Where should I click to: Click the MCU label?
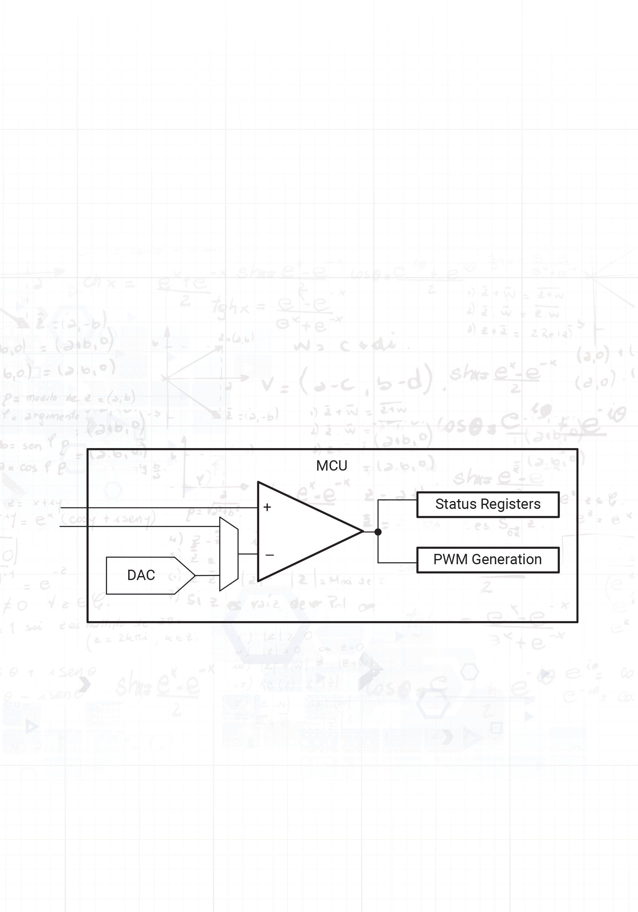(x=331, y=465)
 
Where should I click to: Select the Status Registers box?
(x=488, y=504)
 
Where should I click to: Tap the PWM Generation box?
(x=488, y=560)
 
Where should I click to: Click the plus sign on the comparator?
(x=267, y=507)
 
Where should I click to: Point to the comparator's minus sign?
(x=269, y=555)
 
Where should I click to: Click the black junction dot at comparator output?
(x=378, y=532)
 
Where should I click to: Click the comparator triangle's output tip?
(x=362, y=531)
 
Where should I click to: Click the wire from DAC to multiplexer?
(x=207, y=575)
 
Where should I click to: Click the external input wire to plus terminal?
(x=159, y=508)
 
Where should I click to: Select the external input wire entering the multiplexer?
(x=139, y=526)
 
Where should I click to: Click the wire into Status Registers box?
(x=397, y=500)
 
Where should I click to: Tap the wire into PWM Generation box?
(x=397, y=562)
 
